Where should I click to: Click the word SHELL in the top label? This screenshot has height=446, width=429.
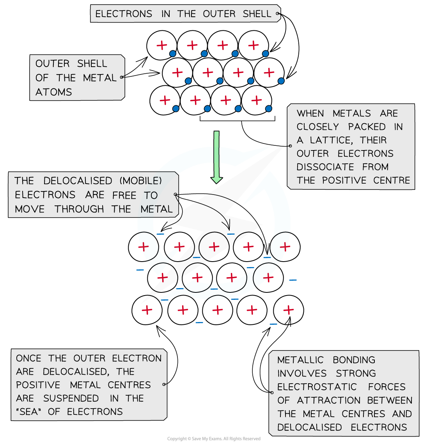(x=257, y=14)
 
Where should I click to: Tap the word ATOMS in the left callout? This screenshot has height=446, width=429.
(x=54, y=92)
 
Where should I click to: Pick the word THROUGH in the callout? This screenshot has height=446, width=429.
(x=79, y=209)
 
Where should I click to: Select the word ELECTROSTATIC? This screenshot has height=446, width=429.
(x=317, y=387)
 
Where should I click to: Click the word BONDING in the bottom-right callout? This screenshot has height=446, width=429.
(x=354, y=360)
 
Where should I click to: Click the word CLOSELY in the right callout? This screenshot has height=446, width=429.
(x=317, y=127)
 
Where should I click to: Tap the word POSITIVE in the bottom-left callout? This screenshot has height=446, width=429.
(x=38, y=385)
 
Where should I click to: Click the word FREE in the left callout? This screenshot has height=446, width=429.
(x=124, y=195)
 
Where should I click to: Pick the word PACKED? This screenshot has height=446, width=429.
(x=367, y=127)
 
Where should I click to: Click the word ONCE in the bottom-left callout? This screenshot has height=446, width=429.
(x=28, y=358)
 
